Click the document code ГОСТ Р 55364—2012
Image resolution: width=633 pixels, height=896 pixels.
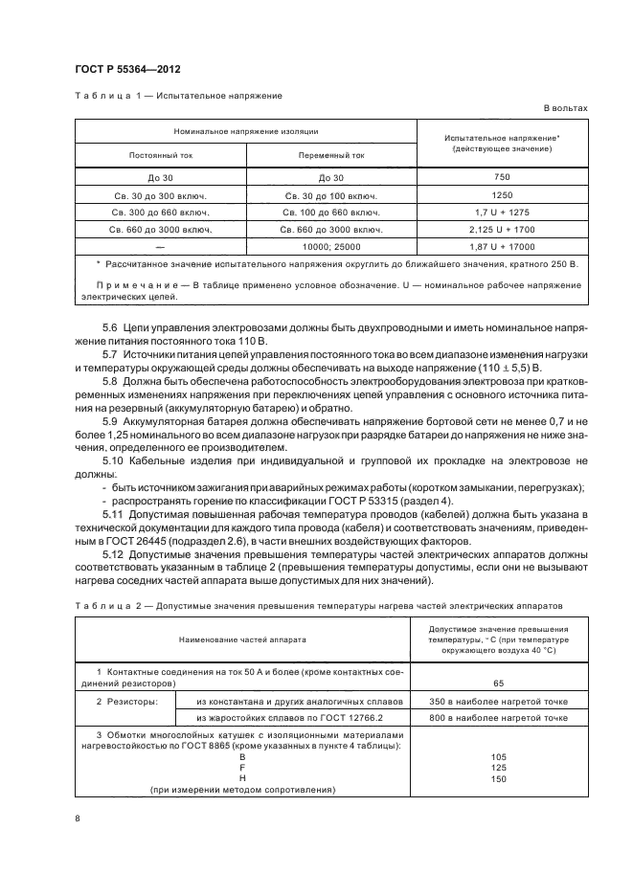[x=127, y=71]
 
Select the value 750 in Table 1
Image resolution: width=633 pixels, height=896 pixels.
[x=502, y=177]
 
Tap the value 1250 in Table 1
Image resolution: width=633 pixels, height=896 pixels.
[x=502, y=194]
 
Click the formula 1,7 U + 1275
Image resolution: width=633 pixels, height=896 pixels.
[x=502, y=212]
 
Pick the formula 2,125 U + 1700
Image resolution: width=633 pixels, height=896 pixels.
[x=502, y=229]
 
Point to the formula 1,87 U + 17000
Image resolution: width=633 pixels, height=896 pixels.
[x=502, y=246]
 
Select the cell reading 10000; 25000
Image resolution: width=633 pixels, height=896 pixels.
[x=331, y=246]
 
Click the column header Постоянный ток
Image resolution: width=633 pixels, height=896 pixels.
[x=160, y=154]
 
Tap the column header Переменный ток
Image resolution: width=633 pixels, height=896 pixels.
[x=331, y=154]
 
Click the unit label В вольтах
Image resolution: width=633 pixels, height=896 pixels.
[x=566, y=109]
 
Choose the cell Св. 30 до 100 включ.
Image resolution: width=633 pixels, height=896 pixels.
[x=331, y=194]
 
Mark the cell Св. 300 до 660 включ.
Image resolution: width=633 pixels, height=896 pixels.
[x=160, y=212]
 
